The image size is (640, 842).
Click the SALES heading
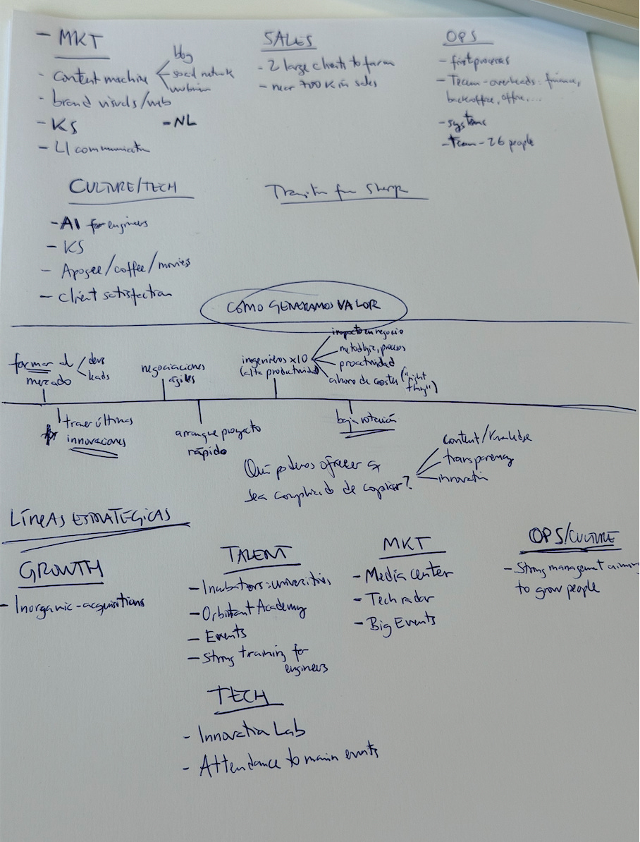(289, 40)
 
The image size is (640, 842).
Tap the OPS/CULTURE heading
(574, 539)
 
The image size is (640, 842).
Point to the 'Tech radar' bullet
(399, 599)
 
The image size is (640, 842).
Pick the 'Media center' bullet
(409, 574)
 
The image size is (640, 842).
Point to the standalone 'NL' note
(179, 122)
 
